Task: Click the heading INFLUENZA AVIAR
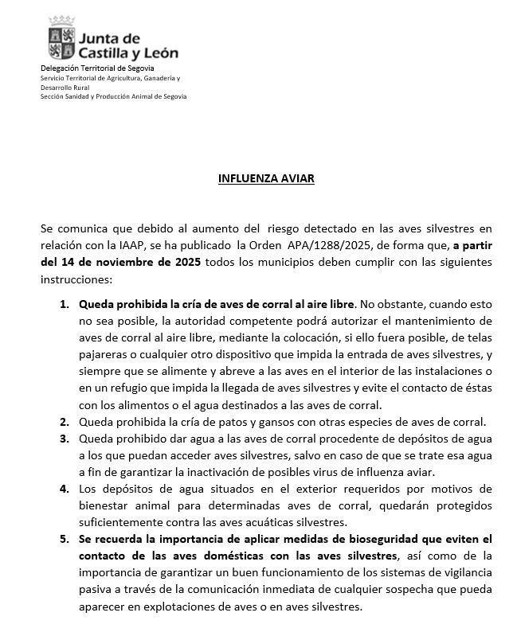266,179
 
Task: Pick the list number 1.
65,304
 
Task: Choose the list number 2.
65,421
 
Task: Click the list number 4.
65,488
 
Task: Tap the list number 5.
65,539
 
